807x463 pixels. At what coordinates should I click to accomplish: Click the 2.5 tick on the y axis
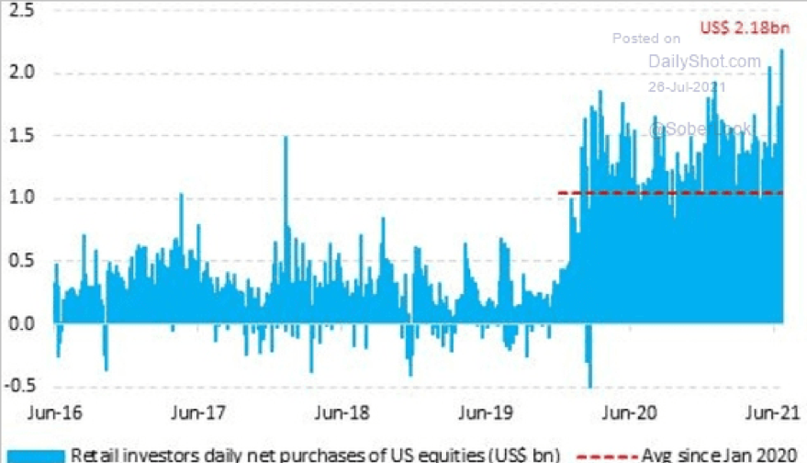click(x=21, y=11)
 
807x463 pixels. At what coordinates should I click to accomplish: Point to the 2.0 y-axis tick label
click(x=21, y=73)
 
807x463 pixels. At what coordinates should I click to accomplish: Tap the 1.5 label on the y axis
click(x=21, y=136)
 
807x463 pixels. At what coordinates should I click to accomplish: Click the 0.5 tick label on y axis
click(x=21, y=261)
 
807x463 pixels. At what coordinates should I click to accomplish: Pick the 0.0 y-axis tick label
click(x=21, y=323)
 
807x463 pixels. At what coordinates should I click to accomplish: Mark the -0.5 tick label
click(x=19, y=386)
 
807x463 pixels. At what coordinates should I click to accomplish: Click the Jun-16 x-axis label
click(x=57, y=412)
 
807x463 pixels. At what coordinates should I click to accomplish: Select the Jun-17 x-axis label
click(x=200, y=412)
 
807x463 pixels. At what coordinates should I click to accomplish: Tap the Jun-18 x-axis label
click(x=343, y=412)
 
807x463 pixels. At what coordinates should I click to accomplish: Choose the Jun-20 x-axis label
click(x=633, y=412)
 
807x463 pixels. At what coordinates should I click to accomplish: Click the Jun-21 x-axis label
click(x=768, y=412)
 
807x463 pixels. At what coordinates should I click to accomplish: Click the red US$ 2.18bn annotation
click(x=745, y=28)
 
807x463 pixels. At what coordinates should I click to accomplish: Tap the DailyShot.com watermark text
click(x=705, y=62)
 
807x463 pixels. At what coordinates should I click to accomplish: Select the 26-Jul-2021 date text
click(x=687, y=86)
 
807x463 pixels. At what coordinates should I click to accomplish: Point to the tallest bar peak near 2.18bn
click(x=782, y=51)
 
